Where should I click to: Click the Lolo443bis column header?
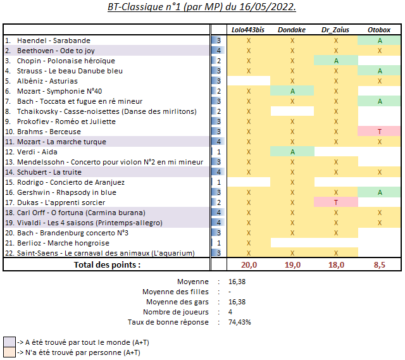248,30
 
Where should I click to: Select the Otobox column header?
379,30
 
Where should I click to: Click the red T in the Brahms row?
380,132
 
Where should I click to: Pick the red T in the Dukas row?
336,202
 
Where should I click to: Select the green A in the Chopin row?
336,61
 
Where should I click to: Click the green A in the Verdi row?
292,152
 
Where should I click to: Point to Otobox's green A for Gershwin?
380,192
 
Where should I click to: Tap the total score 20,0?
249,264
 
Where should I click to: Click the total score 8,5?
380,264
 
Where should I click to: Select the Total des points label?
107,264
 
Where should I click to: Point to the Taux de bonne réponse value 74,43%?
239,322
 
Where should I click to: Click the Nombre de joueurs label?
176,312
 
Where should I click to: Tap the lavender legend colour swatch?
9,342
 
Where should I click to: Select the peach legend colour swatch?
9,352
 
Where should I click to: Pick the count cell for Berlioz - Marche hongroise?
218,243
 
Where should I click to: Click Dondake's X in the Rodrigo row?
292,182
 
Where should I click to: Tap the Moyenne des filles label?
175,292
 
